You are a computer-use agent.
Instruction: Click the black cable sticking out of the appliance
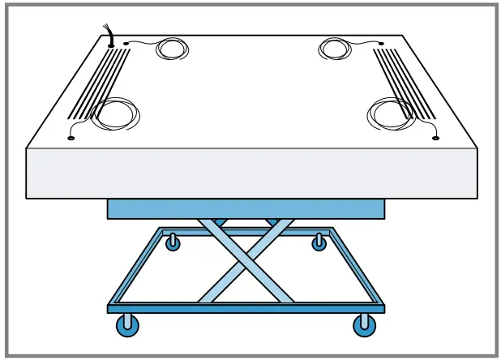(107, 33)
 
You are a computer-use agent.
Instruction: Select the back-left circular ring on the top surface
(171, 49)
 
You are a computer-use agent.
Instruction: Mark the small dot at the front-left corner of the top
(71, 139)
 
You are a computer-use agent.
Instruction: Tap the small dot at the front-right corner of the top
(435, 139)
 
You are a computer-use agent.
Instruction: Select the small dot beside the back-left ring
(126, 43)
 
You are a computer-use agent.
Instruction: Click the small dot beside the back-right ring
(381, 43)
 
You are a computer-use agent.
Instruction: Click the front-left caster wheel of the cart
(128, 326)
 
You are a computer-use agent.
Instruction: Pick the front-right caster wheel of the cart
(365, 326)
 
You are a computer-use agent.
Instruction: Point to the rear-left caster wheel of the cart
(173, 242)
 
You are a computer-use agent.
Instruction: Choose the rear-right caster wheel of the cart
(319, 242)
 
